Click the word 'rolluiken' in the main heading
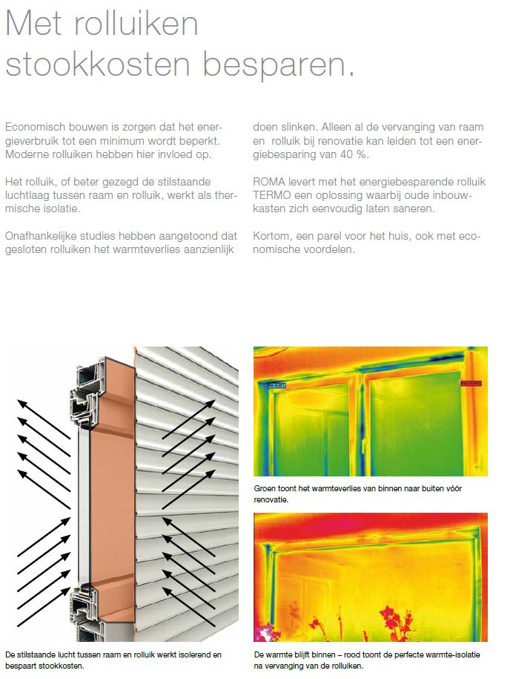136,24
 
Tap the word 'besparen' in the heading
279,65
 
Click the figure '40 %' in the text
354,154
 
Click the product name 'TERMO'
272,195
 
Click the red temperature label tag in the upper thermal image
471,383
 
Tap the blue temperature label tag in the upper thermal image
277,385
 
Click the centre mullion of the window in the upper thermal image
362,422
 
